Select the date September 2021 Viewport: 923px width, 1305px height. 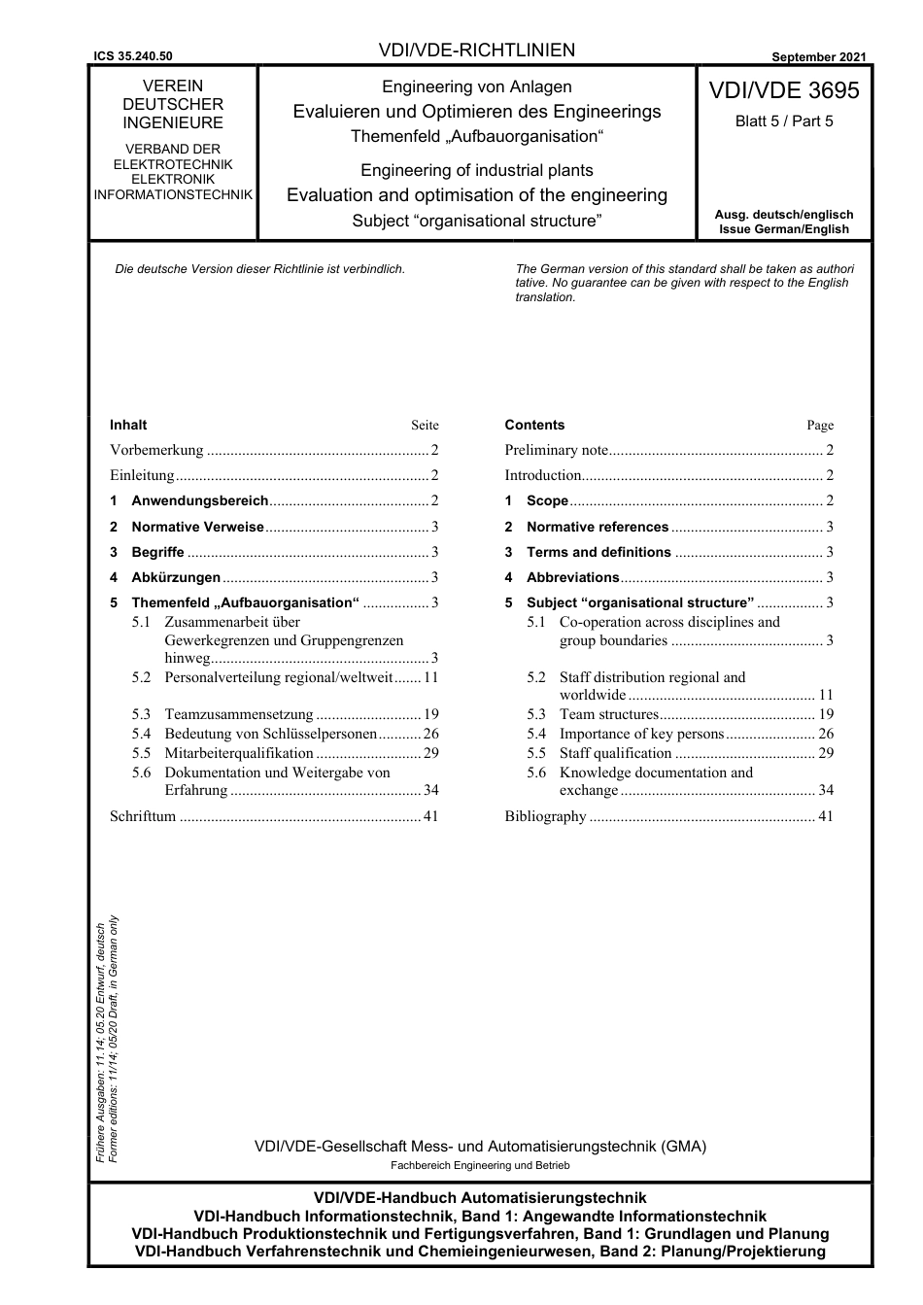click(818, 57)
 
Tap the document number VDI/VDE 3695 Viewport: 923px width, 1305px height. click(783, 90)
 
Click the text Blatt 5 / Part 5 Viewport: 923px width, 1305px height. click(783, 121)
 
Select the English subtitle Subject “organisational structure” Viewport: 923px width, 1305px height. click(476, 221)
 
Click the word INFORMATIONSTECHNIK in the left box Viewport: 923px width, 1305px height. click(173, 194)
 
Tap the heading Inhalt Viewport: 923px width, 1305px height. click(128, 425)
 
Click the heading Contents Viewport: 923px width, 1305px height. click(534, 425)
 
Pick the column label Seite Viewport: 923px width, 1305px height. click(425, 426)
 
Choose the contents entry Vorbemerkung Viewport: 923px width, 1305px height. click(156, 450)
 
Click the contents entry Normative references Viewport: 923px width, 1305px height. click(597, 527)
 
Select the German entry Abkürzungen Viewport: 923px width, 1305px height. click(176, 577)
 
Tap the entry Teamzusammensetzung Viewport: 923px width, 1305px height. click(239, 714)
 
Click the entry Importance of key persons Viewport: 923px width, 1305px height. click(641, 734)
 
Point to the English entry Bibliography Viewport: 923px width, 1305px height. click(545, 816)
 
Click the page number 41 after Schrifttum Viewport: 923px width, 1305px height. click(430, 816)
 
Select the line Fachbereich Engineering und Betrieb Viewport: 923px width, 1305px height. click(480, 1165)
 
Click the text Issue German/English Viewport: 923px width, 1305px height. click(783, 229)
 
